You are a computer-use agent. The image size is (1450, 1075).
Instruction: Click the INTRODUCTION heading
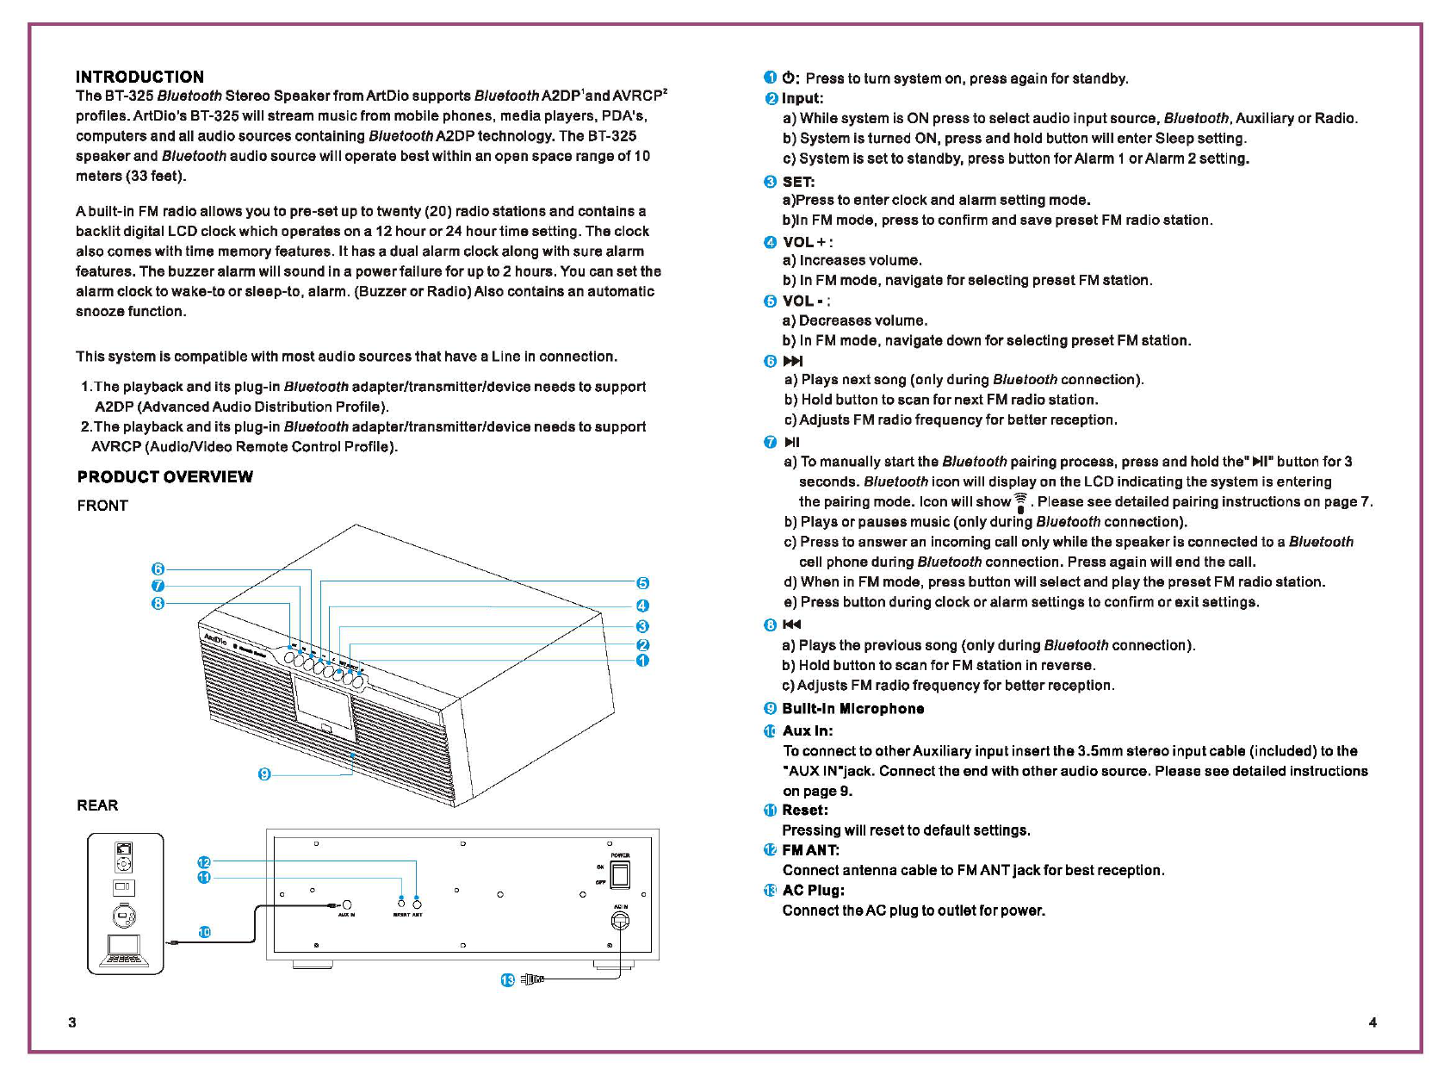point(139,77)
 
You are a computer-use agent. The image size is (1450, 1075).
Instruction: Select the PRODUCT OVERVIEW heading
point(164,476)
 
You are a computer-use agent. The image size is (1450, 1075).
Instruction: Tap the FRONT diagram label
point(102,506)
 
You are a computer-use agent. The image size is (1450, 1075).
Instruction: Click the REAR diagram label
point(97,805)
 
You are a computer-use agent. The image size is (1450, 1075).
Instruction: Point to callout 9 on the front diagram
point(264,774)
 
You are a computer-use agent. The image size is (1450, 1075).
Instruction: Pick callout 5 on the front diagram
point(642,583)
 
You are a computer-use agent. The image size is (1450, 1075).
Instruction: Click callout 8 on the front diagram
point(158,603)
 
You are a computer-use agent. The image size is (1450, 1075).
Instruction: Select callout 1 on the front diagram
point(642,661)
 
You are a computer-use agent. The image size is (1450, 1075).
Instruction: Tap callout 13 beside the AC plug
point(507,980)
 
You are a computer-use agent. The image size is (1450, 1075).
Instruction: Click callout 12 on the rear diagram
point(204,862)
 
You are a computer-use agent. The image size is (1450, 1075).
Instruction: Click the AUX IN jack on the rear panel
point(347,904)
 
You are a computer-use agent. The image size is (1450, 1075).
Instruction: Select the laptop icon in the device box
point(125,951)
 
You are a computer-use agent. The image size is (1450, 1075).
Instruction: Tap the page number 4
point(1373,1022)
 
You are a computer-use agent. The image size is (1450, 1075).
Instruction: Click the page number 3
point(72,1022)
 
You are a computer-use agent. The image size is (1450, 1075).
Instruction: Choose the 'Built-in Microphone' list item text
point(852,708)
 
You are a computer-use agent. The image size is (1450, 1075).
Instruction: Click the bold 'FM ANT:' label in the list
point(810,850)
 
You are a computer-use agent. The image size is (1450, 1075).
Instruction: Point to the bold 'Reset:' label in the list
point(805,810)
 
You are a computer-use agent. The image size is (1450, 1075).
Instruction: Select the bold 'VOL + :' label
point(808,242)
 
